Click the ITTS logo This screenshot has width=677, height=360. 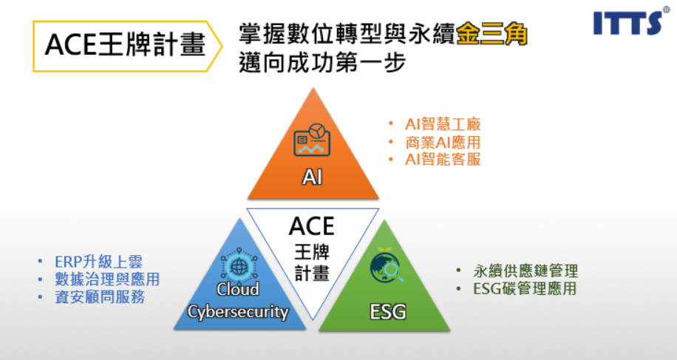[x=629, y=23]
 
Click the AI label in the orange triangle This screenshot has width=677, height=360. [x=313, y=177]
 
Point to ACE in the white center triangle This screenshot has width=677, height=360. [x=312, y=225]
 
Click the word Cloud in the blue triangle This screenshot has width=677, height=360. [x=237, y=289]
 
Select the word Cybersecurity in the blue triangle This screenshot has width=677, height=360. [x=237, y=311]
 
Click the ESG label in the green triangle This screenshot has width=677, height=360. [x=388, y=311]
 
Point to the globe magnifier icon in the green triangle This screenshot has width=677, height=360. [x=387, y=267]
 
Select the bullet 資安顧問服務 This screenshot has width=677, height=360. [x=99, y=297]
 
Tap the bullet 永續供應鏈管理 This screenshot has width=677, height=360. [x=525, y=271]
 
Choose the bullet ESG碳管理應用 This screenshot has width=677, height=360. [x=525, y=288]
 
